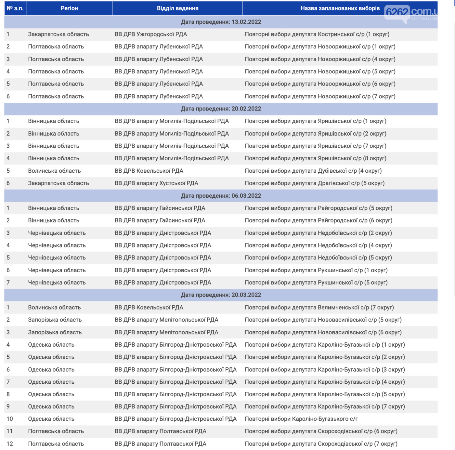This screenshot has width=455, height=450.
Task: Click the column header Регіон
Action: (69, 8)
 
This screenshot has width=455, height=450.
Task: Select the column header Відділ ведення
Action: (177, 8)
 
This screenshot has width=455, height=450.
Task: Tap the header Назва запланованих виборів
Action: (340, 8)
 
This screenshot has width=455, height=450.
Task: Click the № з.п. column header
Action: (15, 8)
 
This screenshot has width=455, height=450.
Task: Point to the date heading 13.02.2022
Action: (221, 22)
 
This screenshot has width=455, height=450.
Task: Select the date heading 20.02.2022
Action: (221, 109)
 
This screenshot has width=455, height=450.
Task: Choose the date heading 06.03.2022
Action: (221, 196)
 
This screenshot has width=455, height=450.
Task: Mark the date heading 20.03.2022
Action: (221, 295)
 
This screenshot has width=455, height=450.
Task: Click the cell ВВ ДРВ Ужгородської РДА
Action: (151, 34)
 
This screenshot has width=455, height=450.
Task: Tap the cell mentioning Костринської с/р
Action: (317, 34)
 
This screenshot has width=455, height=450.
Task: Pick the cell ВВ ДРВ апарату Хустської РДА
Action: (156, 183)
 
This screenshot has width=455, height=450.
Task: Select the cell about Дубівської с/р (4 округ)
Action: (313, 171)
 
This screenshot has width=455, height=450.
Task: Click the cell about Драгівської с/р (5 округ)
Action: (315, 183)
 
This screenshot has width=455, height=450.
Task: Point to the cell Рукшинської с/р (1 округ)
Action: (316, 270)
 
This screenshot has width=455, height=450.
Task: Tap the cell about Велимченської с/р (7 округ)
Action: (319, 308)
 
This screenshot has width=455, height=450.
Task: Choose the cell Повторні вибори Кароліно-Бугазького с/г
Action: (301, 419)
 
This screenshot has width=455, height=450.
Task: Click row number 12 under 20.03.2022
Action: (10, 444)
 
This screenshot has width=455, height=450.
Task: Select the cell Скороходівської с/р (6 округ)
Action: (321, 431)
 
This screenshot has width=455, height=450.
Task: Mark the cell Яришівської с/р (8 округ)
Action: (315, 159)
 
